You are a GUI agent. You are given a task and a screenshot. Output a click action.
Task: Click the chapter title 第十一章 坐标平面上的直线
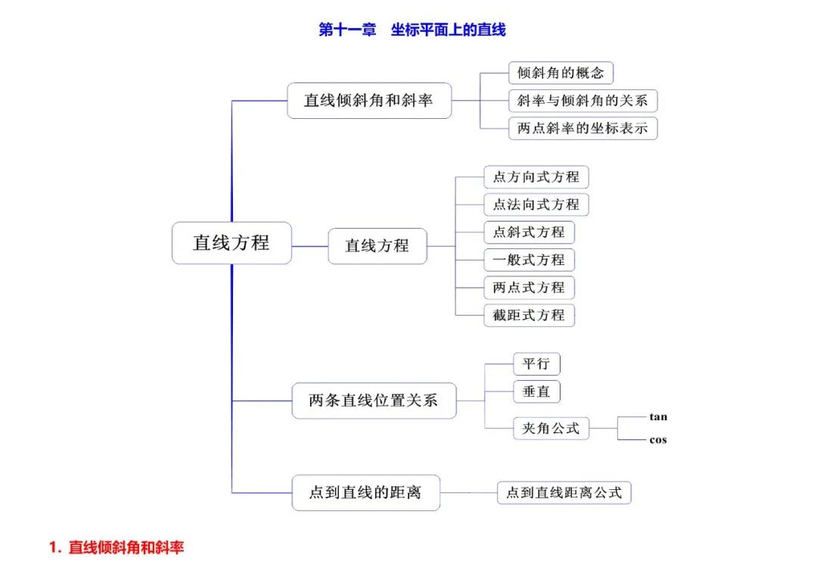pyautogui.click(x=412, y=30)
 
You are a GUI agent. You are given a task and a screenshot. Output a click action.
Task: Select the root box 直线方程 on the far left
pyautogui.click(x=231, y=243)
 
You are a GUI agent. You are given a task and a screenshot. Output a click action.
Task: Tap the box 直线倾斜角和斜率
pyautogui.click(x=369, y=101)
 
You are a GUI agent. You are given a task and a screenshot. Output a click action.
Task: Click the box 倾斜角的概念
pyautogui.click(x=560, y=73)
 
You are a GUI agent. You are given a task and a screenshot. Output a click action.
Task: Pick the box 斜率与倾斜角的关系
pyautogui.click(x=582, y=101)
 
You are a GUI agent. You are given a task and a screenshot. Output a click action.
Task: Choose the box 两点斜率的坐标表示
pyautogui.click(x=582, y=129)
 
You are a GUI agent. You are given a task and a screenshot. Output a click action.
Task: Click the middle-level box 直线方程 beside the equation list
pyautogui.click(x=377, y=246)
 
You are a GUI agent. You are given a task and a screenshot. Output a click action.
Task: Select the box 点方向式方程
pyautogui.click(x=536, y=177)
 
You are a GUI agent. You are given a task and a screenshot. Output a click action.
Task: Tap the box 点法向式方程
pyautogui.click(x=536, y=204)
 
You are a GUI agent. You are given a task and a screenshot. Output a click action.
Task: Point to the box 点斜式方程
pyautogui.click(x=529, y=232)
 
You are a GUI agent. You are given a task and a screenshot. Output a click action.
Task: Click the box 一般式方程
pyautogui.click(x=529, y=260)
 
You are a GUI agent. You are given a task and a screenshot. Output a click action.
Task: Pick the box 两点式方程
pyautogui.click(x=529, y=288)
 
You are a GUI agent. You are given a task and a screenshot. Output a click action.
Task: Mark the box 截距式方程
pyautogui.click(x=529, y=315)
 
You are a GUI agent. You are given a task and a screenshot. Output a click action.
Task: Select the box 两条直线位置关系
pyautogui.click(x=374, y=401)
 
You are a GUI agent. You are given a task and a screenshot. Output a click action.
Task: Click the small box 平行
pyautogui.click(x=536, y=364)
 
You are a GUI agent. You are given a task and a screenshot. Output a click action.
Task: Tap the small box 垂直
pyautogui.click(x=536, y=391)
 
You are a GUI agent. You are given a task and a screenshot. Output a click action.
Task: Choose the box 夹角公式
pyautogui.click(x=550, y=429)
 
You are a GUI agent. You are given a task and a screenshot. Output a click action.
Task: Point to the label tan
pyautogui.click(x=658, y=417)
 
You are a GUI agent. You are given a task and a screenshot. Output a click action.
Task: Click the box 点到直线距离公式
pyautogui.click(x=564, y=493)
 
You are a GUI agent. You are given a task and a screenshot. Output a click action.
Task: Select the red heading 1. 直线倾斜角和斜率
pyautogui.click(x=116, y=547)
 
